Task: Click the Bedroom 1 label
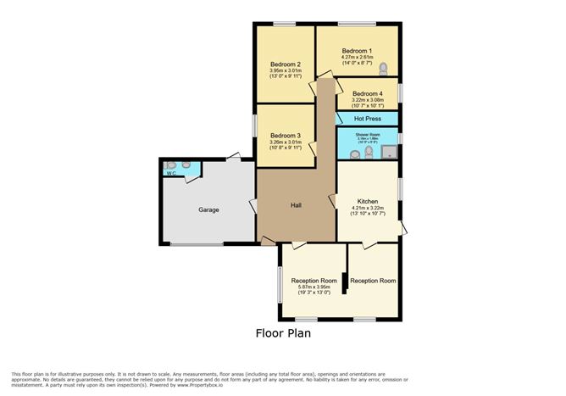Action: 357,50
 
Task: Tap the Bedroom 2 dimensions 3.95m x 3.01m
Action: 286,71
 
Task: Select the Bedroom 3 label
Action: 286,136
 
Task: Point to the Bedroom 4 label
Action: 367,93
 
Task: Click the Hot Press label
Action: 367,118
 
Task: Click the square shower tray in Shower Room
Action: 390,153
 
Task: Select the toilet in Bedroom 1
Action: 384,68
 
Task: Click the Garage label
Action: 208,209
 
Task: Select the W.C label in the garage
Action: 171,174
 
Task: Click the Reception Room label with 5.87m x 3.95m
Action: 314,281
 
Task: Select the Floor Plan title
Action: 283,332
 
